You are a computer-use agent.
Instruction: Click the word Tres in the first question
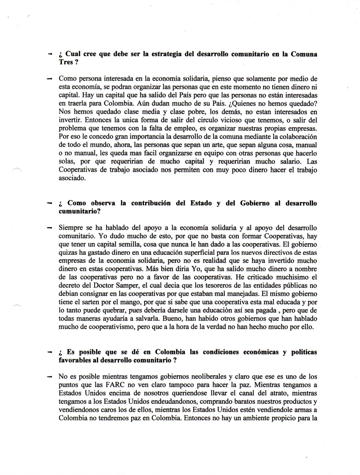(66, 62)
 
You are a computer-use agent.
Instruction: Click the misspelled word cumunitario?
(80, 212)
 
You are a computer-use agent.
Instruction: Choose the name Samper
(134, 286)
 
